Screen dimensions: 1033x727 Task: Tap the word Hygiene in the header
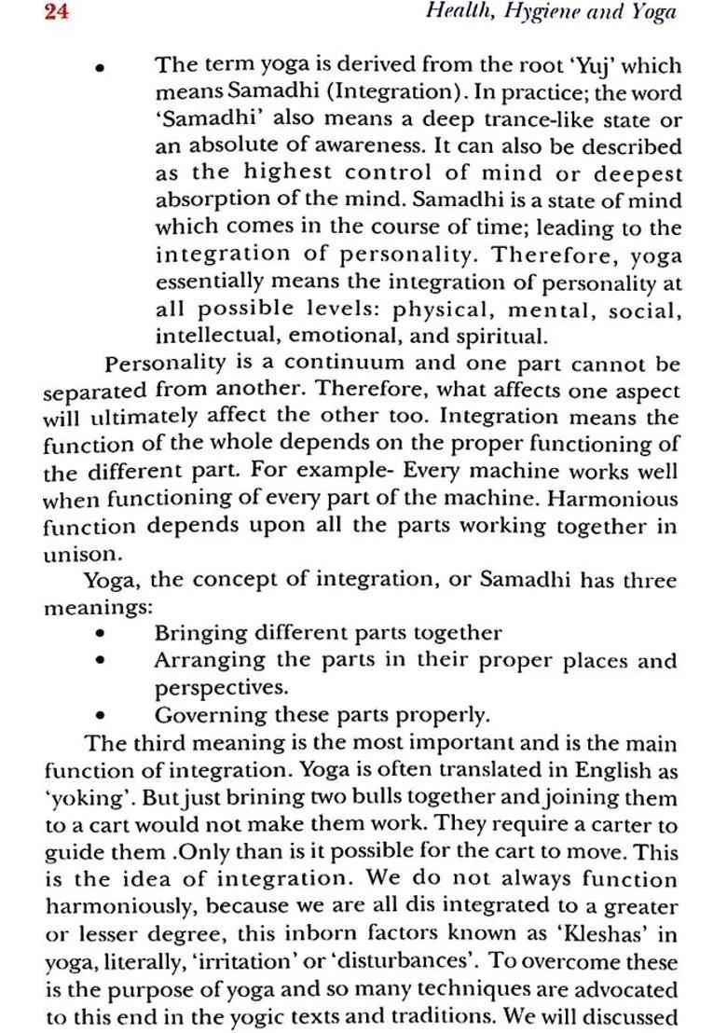coord(535,13)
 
